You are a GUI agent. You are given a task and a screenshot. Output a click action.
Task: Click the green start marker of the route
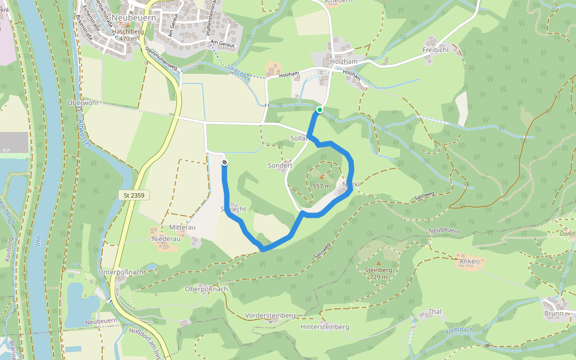click(x=320, y=110)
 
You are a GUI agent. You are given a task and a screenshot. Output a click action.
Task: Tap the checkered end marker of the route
click(x=224, y=162)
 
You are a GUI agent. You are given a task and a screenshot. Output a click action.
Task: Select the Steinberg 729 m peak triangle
click(x=379, y=263)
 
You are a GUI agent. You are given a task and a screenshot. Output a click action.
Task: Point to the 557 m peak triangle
click(x=322, y=177)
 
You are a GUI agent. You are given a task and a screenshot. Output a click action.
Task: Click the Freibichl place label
click(x=436, y=49)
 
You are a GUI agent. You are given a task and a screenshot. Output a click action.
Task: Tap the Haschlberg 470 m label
click(x=120, y=34)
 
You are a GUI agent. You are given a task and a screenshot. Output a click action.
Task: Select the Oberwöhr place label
click(x=82, y=103)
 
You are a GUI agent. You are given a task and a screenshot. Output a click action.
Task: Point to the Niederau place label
click(x=166, y=238)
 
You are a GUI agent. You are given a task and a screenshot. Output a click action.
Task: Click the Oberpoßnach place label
click(x=206, y=289)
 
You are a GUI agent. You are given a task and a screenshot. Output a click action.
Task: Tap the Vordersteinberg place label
click(x=271, y=316)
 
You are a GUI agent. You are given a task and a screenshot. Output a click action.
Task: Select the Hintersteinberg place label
click(x=325, y=327)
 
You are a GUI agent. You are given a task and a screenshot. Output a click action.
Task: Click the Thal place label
click(x=435, y=312)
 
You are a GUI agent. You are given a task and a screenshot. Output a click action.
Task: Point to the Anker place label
click(x=469, y=262)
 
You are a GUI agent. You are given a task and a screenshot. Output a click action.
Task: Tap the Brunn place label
click(x=554, y=313)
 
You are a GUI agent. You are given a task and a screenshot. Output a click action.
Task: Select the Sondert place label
click(x=280, y=165)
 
